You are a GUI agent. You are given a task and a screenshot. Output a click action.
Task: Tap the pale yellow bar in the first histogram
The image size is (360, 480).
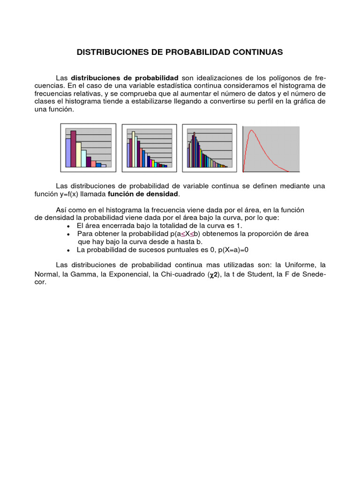[78, 154]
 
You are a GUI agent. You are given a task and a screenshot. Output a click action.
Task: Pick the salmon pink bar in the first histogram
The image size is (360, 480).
[93, 164]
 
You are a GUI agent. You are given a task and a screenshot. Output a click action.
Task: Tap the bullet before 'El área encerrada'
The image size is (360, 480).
[68, 226]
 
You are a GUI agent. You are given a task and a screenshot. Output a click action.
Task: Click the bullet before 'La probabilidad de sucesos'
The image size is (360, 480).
[68, 250]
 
